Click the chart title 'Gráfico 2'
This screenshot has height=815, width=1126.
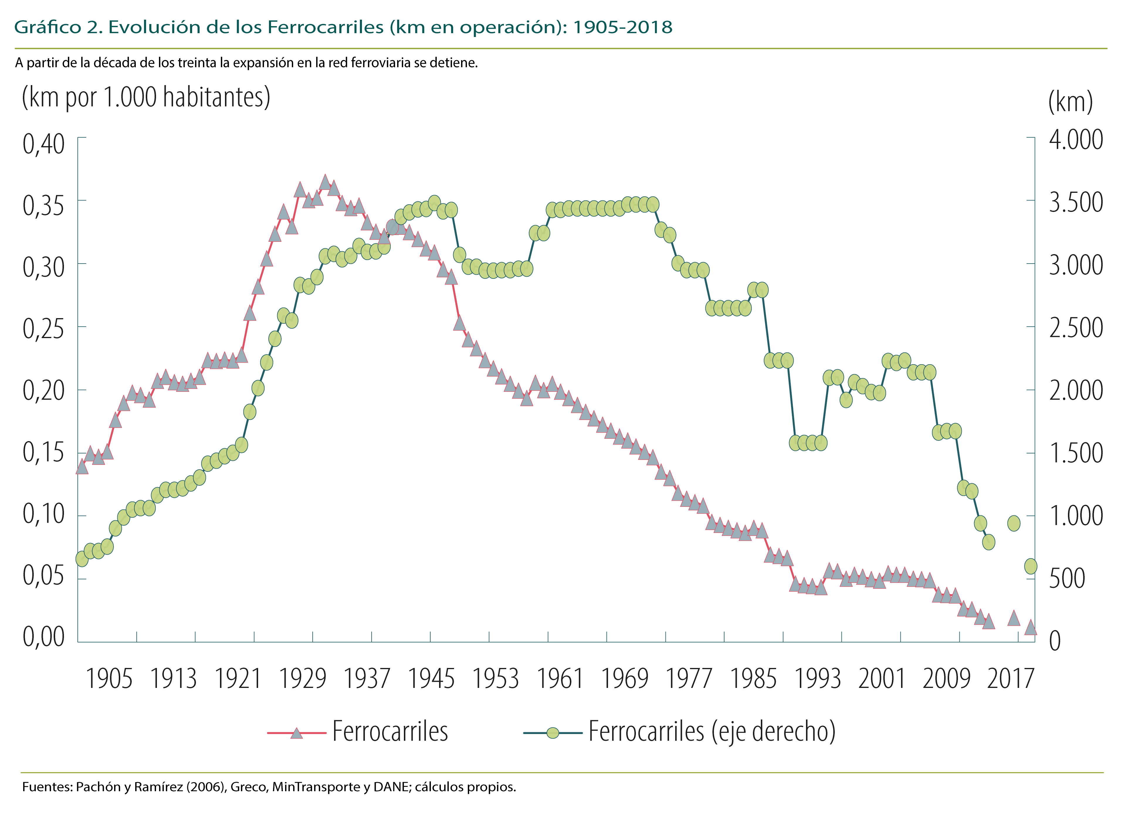click(57, 27)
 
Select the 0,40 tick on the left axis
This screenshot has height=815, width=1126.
click(44, 144)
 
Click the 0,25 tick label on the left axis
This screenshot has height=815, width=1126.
click(44, 328)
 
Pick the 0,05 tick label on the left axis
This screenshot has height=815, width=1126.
click(44, 575)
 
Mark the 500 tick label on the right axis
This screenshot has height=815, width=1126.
click(1066, 578)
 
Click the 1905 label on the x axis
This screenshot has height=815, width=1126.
click(109, 679)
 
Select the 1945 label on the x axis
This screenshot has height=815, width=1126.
click(431, 679)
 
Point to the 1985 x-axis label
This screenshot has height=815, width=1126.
click(753, 679)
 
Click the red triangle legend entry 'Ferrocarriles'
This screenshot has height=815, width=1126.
click(358, 732)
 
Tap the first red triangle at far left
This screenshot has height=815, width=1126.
click(82, 467)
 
